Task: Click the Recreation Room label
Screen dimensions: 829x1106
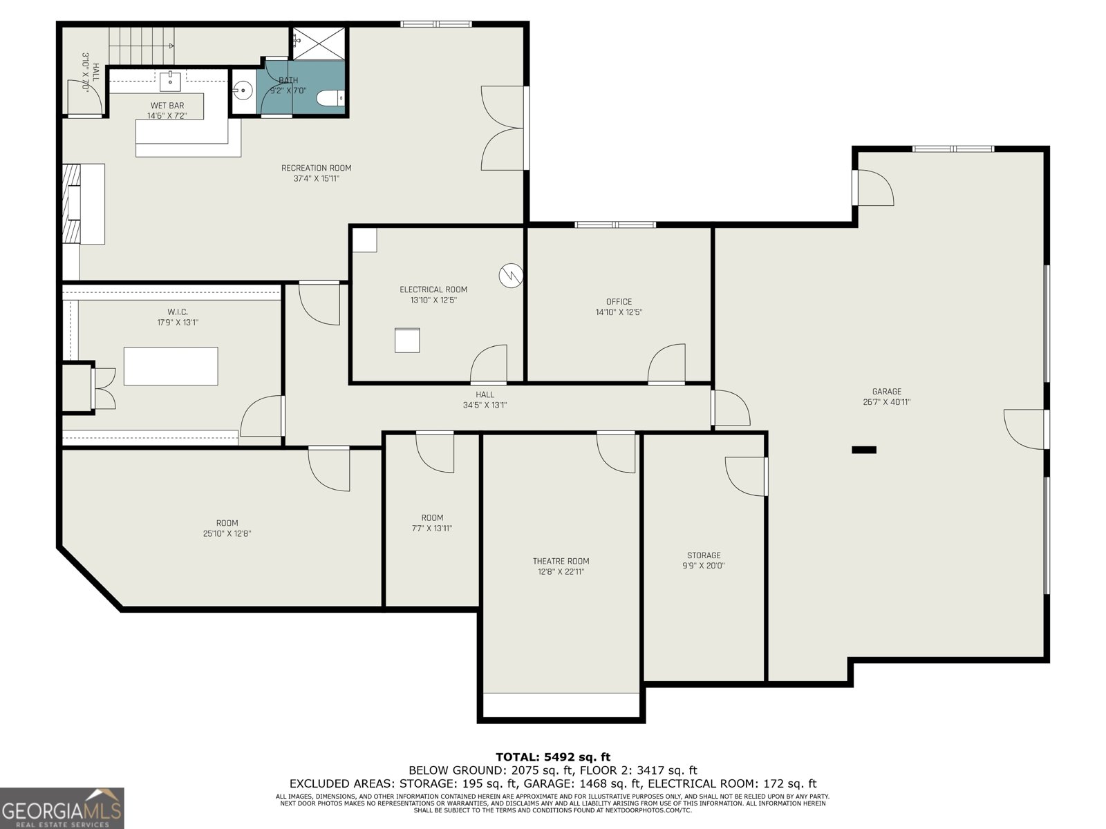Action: (x=316, y=168)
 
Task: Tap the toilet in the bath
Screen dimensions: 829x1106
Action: (x=330, y=99)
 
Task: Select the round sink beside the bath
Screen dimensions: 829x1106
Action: (x=242, y=89)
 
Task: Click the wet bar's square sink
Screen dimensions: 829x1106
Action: (x=170, y=82)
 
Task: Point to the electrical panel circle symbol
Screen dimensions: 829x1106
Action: (x=511, y=276)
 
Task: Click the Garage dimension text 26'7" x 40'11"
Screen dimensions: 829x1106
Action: (x=886, y=402)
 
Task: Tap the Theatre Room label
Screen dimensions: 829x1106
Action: (x=561, y=561)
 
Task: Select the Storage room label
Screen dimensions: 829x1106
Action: (x=704, y=555)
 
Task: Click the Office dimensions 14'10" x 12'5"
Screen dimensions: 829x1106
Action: (x=619, y=312)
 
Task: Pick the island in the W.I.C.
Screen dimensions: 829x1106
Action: (x=171, y=366)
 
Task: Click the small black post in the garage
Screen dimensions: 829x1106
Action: (x=863, y=450)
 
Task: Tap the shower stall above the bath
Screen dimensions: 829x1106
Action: (x=318, y=43)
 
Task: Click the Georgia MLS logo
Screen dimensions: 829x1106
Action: (x=62, y=808)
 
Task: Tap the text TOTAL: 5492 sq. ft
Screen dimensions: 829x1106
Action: (x=553, y=757)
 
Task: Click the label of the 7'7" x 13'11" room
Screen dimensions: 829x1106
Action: (x=432, y=518)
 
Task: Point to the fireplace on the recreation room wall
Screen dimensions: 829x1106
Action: (x=72, y=204)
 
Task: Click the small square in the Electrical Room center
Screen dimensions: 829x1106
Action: (x=407, y=341)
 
